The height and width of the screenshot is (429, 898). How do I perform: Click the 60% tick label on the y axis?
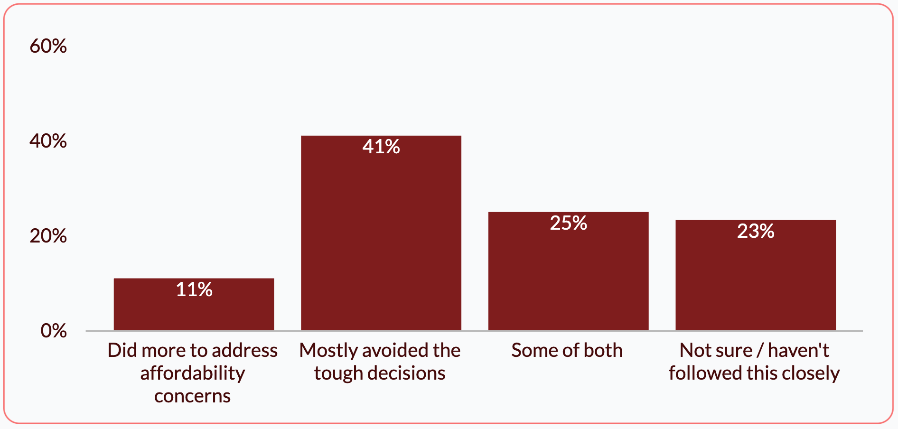[48, 46]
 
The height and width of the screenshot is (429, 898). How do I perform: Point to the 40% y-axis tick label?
[48, 141]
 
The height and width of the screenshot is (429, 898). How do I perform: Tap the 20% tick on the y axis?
[48, 236]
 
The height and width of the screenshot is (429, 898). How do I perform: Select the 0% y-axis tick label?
[54, 331]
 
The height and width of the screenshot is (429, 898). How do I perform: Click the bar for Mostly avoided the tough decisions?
[381, 233]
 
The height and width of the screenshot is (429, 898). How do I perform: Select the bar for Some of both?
[568, 271]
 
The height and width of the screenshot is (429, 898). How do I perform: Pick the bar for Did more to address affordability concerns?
[194, 304]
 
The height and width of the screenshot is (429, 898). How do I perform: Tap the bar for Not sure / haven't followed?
[756, 275]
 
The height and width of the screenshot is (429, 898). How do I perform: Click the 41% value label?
[381, 147]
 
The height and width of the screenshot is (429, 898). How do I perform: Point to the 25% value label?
[569, 223]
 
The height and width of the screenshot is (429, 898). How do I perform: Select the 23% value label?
[756, 231]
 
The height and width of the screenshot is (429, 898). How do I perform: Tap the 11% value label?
[194, 289]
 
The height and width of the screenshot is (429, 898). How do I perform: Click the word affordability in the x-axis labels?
[193, 373]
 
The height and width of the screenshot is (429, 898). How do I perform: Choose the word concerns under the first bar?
[193, 396]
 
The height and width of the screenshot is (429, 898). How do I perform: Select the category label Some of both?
[567, 350]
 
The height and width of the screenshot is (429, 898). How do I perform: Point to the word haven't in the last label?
[798, 350]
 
